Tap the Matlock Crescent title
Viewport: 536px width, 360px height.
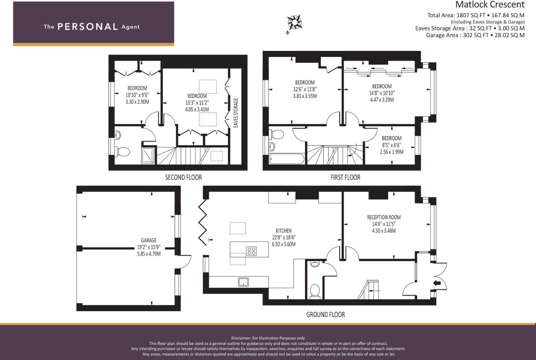(490, 5)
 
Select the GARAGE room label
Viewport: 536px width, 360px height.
(149, 240)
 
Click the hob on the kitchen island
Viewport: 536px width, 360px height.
(251, 251)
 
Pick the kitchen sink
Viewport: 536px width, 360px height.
(243, 282)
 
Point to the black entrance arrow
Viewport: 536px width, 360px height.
(437, 283)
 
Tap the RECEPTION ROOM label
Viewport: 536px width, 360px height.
(384, 217)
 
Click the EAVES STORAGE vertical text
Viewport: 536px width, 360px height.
(236, 113)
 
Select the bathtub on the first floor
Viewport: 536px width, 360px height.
(286, 159)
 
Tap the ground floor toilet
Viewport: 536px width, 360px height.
(315, 291)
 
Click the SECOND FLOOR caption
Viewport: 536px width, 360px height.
(184, 178)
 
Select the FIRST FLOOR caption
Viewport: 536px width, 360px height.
(345, 178)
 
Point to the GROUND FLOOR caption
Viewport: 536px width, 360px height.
(325, 315)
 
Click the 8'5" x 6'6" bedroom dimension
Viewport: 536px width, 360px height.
(391, 145)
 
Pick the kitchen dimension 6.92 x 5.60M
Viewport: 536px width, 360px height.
(284, 244)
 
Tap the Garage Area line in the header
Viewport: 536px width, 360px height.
(475, 35)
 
